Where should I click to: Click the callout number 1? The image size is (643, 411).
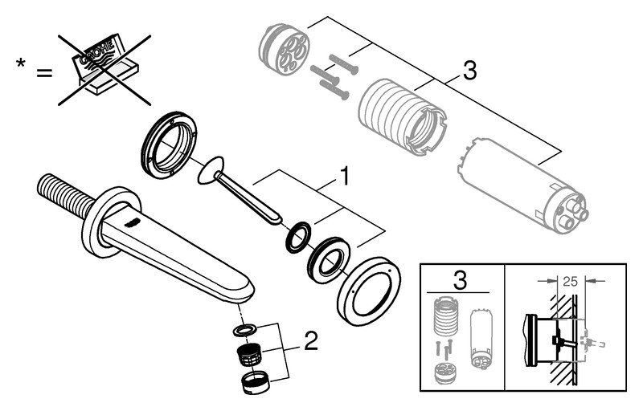pyautogui.click(x=343, y=176)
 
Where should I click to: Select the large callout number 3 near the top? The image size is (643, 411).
pyautogui.click(x=469, y=71)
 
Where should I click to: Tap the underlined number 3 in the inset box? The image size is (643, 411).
pyautogui.click(x=460, y=281)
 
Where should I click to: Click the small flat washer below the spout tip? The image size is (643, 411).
pyautogui.click(x=245, y=329)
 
